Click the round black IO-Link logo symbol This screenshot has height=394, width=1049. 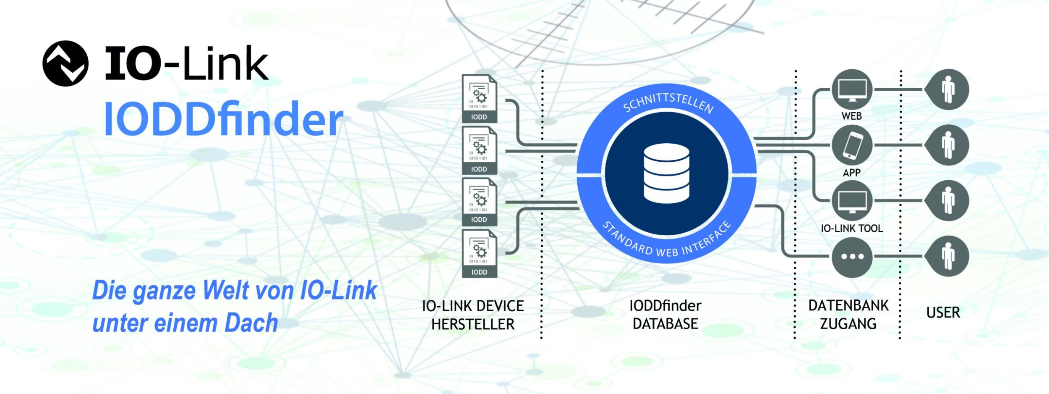coord(65,63)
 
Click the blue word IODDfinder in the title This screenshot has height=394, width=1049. coord(224,119)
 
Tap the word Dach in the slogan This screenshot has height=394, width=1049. coord(251,323)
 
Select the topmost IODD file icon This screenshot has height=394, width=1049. coord(479,99)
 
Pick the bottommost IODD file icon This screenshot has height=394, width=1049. coord(479,253)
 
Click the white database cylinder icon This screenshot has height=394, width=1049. coord(666,173)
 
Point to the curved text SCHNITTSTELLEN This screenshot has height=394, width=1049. coord(668,103)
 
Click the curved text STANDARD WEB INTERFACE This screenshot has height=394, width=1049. coord(667,239)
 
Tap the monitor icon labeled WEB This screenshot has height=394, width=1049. coord(852,89)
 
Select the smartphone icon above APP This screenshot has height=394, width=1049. coord(852,145)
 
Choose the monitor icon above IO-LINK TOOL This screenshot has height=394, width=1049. coord(852,201)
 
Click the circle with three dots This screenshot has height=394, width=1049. coord(852,257)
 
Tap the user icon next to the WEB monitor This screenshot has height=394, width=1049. coord(947,89)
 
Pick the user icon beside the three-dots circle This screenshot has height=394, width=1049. coord(947,256)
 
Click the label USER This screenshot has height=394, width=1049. coord(943,313)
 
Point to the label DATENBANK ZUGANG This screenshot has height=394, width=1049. coord(848,315)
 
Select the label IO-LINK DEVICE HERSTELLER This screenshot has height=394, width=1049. coord(473,315)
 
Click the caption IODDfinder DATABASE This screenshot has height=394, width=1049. coord(665,315)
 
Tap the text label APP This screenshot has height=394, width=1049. coord(851,173)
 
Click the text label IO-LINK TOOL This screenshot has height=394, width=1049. coord(852,229)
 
